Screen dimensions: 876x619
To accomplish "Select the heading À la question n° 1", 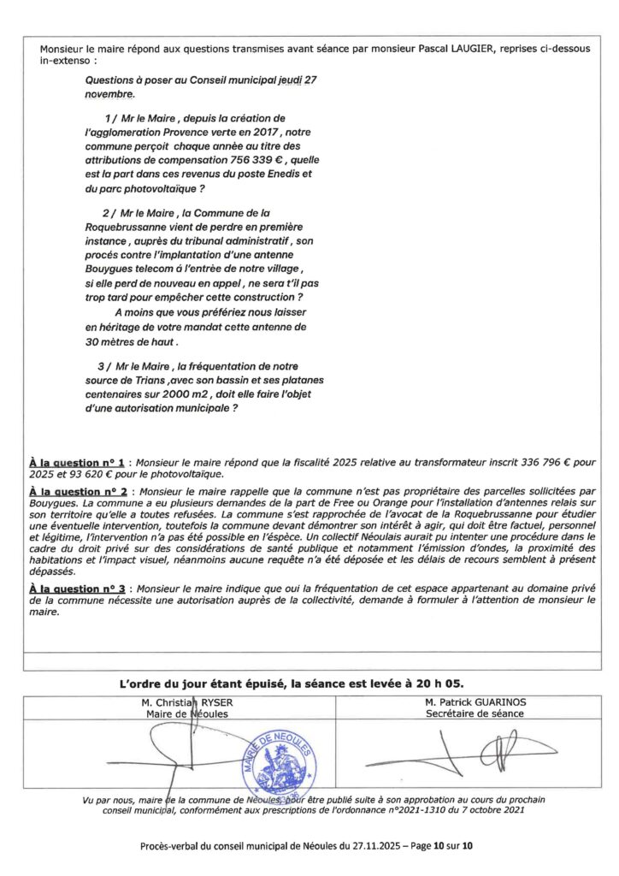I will (78, 462).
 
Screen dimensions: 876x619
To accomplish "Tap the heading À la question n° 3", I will (78, 590).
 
